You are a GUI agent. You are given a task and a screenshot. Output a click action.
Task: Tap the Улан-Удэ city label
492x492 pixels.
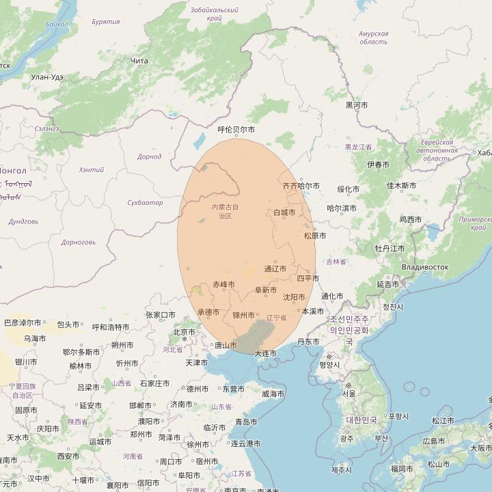47,77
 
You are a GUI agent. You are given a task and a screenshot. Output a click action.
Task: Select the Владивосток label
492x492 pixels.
425,267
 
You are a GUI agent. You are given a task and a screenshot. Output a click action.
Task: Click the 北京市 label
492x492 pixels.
184,332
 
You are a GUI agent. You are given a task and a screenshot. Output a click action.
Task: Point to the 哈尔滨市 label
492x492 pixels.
342,208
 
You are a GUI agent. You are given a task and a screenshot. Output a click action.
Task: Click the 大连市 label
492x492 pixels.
266,353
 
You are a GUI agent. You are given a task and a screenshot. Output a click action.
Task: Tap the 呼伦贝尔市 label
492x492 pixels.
236,129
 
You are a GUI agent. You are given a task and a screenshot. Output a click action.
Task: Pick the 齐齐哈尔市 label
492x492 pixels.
301,186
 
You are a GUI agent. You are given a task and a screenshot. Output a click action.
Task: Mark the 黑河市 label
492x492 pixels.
357,105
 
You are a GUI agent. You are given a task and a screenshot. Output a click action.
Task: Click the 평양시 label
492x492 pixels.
329,365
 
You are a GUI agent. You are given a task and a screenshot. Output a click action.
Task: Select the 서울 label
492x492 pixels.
348,394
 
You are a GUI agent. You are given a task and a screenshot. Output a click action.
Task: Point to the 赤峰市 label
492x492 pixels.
223,284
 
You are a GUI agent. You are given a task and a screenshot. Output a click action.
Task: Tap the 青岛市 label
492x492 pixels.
247,422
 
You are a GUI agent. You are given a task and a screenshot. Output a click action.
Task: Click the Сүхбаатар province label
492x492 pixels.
146,203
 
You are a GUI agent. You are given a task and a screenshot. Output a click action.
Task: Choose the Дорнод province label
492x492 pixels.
150,157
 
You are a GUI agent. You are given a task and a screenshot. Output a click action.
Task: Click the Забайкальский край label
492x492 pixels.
215,14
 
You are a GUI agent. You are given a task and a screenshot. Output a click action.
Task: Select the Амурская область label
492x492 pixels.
373,38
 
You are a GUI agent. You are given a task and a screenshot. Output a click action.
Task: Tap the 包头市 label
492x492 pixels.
69,324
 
